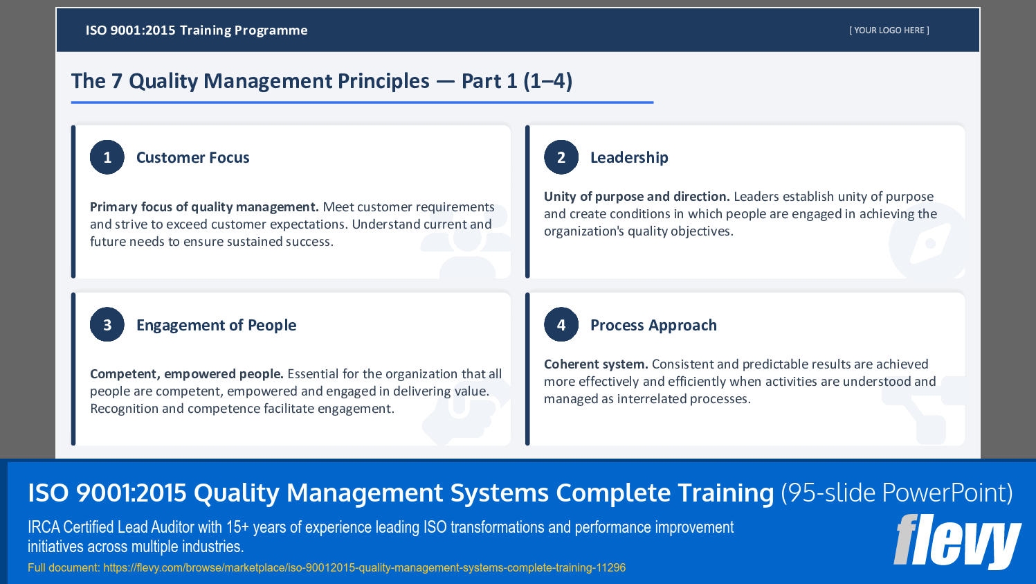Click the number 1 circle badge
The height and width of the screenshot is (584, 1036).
point(107,157)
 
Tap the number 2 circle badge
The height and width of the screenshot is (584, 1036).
point(561,157)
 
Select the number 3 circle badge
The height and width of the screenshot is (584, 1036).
point(107,325)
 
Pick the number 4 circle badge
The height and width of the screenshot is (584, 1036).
point(561,325)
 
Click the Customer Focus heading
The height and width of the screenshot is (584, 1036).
point(192,158)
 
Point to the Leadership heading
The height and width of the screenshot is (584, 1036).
point(629,158)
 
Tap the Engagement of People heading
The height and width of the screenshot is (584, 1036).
point(216,326)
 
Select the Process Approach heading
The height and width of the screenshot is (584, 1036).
point(653,326)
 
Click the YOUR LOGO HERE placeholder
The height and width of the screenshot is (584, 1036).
point(889,30)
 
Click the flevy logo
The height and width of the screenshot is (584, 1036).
point(956,541)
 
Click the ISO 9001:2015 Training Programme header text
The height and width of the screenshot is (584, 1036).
point(197,30)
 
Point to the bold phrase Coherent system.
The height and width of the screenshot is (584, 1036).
point(596,364)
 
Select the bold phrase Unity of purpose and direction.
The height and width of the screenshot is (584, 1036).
point(637,197)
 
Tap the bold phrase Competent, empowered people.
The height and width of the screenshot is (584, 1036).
point(187,374)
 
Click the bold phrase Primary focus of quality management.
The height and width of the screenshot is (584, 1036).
point(204,207)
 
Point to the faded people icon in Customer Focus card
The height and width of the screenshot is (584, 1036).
point(466,246)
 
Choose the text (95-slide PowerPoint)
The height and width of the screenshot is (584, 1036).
point(896,493)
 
